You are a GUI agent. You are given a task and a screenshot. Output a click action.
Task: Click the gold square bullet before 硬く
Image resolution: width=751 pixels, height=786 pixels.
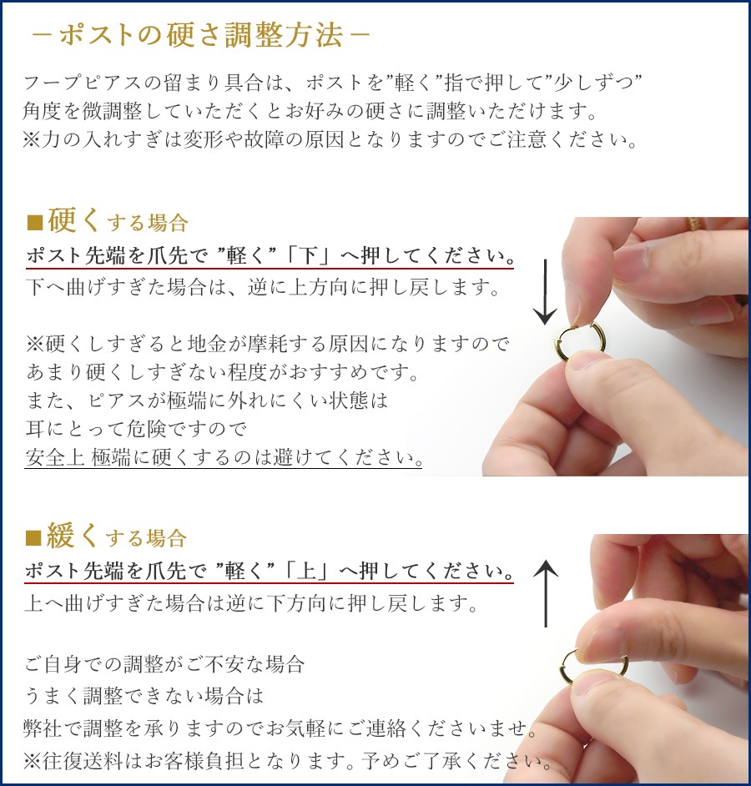pos(34,223)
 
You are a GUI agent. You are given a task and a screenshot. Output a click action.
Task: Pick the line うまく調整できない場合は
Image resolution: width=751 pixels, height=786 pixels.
pos(144,696)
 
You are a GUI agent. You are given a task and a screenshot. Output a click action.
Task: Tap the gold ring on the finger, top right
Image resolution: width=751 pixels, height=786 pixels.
pos(693,224)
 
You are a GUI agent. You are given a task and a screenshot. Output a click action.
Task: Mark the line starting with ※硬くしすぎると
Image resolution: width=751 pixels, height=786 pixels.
pos(267,344)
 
